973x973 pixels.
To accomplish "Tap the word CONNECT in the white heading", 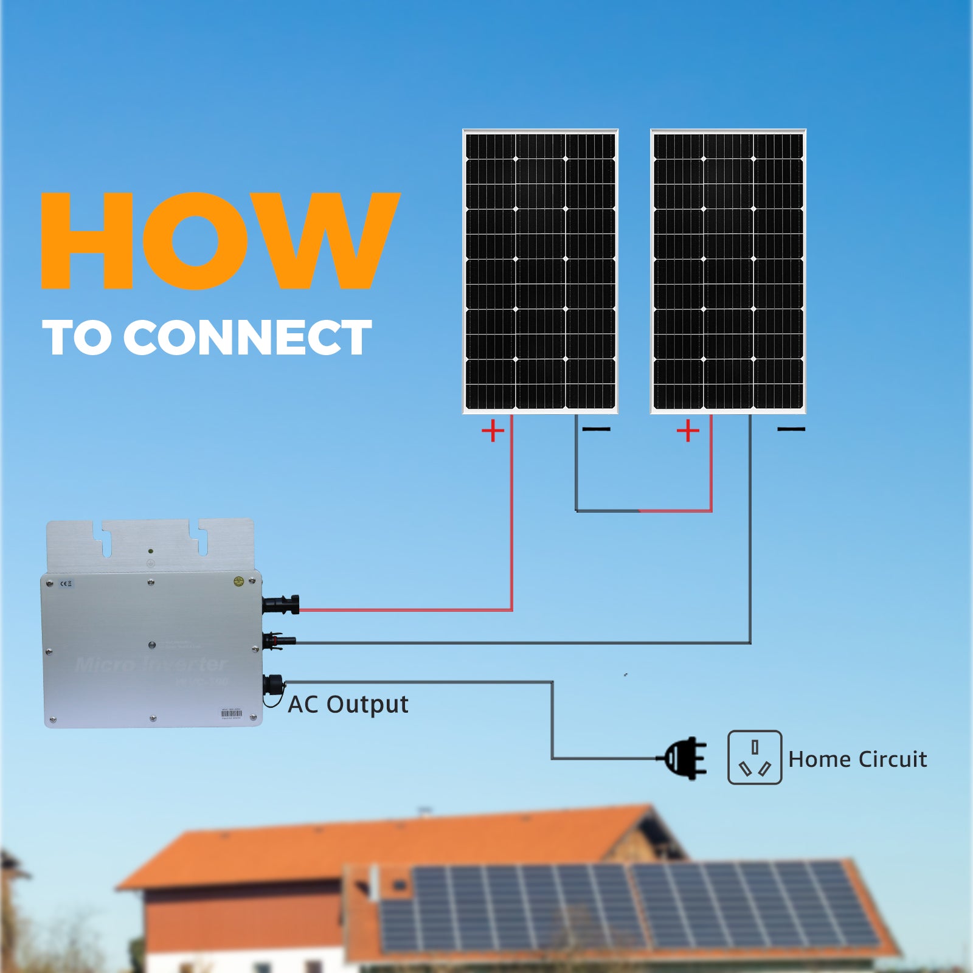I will click(248, 338).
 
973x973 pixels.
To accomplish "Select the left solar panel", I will click(540, 271).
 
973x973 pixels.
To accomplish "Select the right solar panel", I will click(728, 271).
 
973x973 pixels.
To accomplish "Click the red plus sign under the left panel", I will click(493, 431).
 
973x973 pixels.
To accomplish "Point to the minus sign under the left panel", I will click(596, 429).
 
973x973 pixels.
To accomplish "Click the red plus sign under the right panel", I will click(688, 431).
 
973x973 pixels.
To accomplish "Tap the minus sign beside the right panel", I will click(791, 429).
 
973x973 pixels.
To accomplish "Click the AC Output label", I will click(348, 704).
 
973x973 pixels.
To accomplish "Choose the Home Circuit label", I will click(857, 759).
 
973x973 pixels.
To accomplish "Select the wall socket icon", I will click(755, 757).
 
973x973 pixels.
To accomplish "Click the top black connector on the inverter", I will click(281, 604).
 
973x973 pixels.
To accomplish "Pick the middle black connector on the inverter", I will click(279, 640).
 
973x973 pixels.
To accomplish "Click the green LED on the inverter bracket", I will click(150, 551).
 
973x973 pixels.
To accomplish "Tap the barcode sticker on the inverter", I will click(231, 713).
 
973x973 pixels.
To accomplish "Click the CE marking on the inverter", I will click(66, 584).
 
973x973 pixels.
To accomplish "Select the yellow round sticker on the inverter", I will click(239, 581).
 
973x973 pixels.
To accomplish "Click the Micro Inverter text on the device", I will click(150, 664).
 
